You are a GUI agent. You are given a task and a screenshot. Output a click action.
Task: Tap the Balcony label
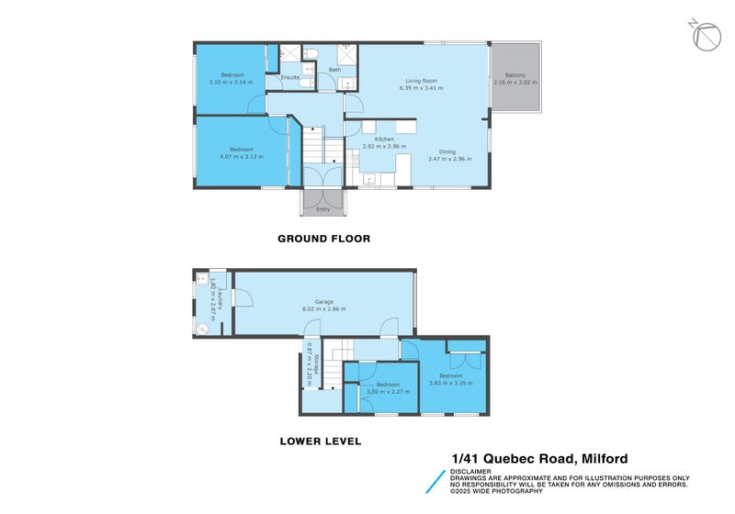[514, 75]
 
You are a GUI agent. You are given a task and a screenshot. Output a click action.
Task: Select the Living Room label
[421, 81]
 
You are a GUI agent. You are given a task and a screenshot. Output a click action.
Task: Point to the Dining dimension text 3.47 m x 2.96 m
[449, 159]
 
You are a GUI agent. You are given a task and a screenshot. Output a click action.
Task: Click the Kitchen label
[378, 139]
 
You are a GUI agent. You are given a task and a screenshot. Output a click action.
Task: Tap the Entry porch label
[322, 209]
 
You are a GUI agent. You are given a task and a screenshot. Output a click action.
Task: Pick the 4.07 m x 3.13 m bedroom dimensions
[241, 157]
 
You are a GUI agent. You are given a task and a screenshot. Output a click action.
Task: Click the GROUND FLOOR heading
[323, 239]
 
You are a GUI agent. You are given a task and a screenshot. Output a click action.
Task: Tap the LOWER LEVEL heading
[320, 441]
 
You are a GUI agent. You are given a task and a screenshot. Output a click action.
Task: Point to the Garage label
[322, 301]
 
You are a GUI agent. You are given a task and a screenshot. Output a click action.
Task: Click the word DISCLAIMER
[470, 472]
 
